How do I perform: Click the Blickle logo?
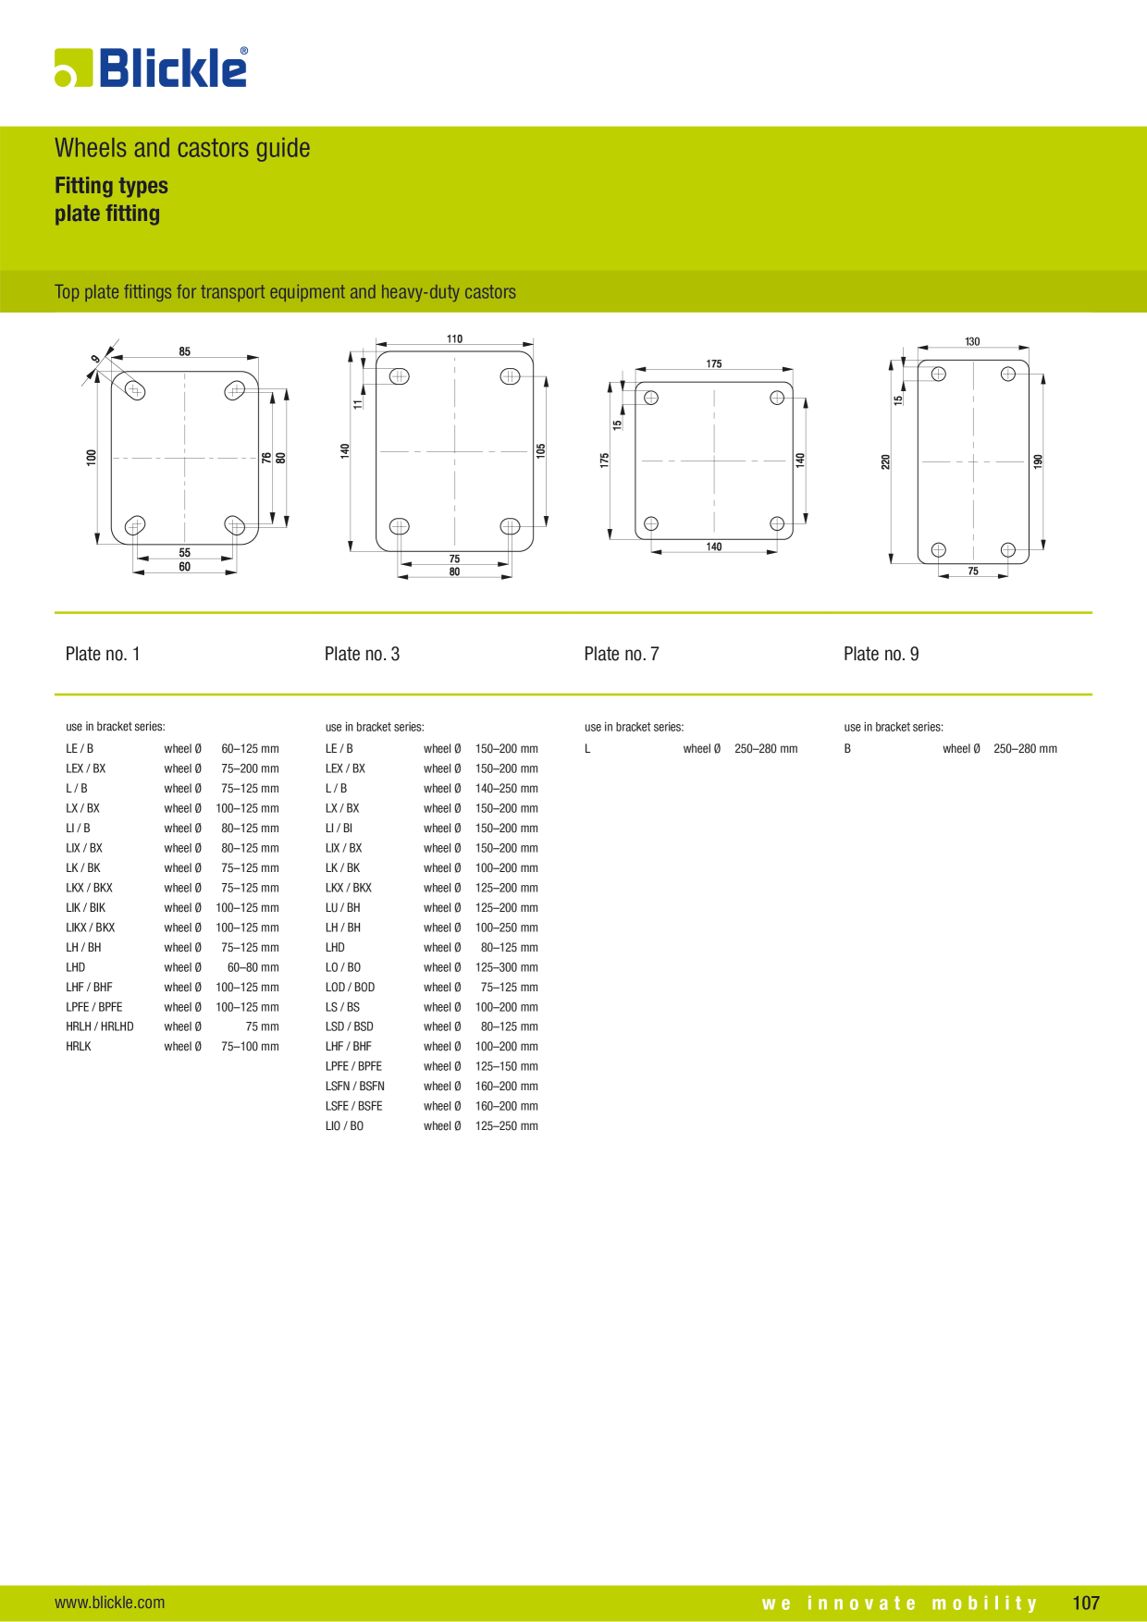[x=152, y=68]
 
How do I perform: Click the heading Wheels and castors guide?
[x=182, y=148]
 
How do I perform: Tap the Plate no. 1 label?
[x=103, y=654]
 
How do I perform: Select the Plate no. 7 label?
[x=622, y=654]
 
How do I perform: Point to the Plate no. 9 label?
[x=882, y=654]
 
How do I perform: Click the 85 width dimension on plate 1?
[x=185, y=351]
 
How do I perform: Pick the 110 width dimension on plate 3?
[x=454, y=338]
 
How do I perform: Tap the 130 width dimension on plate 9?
[x=972, y=341]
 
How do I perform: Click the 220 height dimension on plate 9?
[x=885, y=461]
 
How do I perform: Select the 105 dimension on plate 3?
[x=541, y=450]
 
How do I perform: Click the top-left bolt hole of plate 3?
[x=400, y=376]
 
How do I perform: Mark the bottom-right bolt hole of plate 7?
[x=777, y=523]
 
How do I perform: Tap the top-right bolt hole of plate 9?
[x=1008, y=374]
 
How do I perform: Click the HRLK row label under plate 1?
[x=79, y=1047]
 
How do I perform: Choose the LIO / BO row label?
[x=344, y=1126]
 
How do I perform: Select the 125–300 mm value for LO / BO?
[x=507, y=967]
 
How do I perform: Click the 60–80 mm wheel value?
[x=253, y=967]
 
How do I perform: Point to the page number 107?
[x=1086, y=1603]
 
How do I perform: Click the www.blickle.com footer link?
[x=110, y=1603]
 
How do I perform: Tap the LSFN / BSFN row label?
[x=355, y=1087]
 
